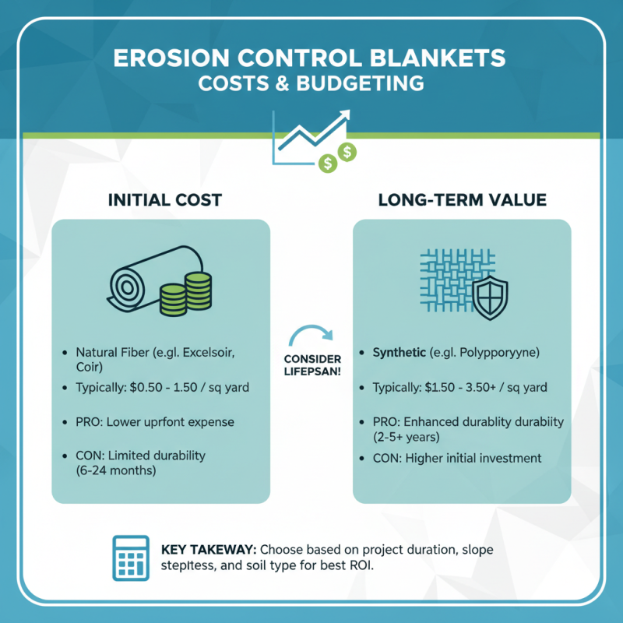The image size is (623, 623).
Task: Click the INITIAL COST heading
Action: tap(164, 200)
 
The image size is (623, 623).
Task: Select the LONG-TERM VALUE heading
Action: tap(462, 200)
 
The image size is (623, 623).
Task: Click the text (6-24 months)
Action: tap(121, 470)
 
